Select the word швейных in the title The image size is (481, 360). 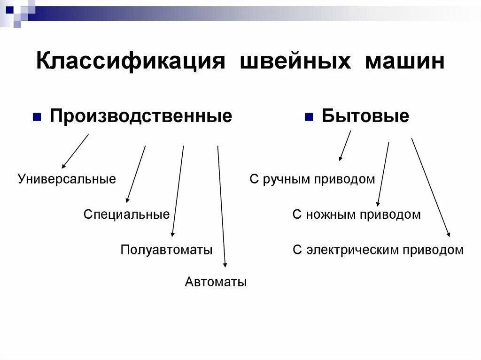click(x=296, y=61)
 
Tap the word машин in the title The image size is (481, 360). click(x=404, y=61)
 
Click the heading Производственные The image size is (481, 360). click(x=141, y=116)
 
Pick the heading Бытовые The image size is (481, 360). click(x=365, y=116)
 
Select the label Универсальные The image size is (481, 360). click(x=67, y=179)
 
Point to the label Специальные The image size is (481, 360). click(x=126, y=214)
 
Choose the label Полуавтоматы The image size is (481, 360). click(x=166, y=249)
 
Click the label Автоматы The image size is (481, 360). click(x=216, y=282)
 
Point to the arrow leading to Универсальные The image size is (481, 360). click(x=75, y=151)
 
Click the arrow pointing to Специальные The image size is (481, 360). click(x=136, y=174)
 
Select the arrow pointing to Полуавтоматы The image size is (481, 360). click(x=178, y=191)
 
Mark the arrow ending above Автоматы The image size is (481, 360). click(x=222, y=207)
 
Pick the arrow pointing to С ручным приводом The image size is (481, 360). click(x=345, y=146)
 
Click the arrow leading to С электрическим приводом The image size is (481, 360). click(x=431, y=187)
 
